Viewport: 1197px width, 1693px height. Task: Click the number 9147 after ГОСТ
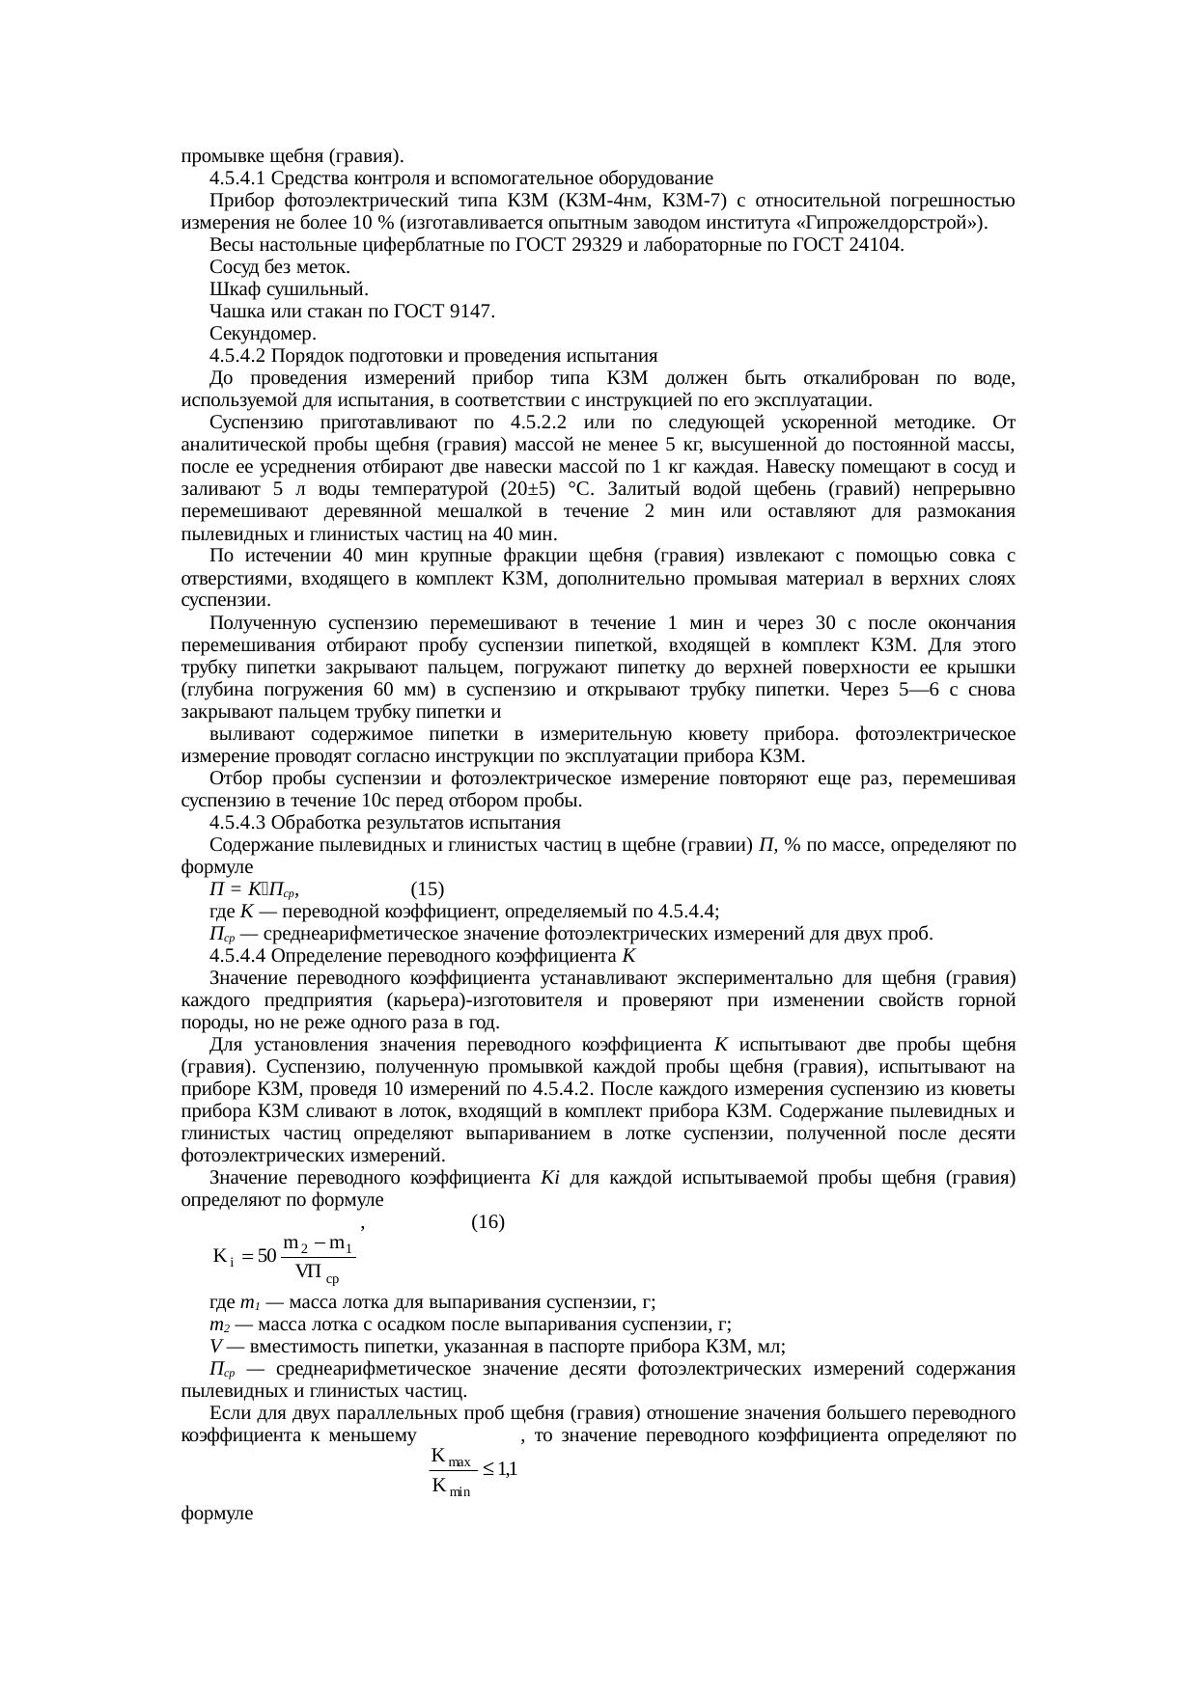tap(470, 312)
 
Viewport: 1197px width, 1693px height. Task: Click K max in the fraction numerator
tap(450, 1457)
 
